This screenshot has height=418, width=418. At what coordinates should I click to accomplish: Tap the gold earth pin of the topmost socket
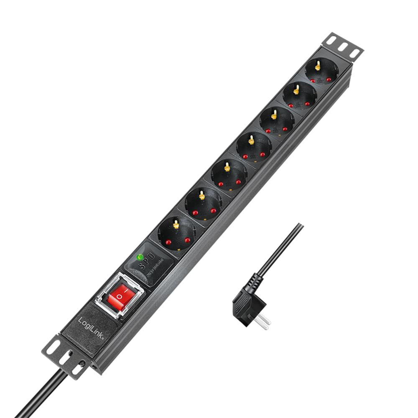point(318,65)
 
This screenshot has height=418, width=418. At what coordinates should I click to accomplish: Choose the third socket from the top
point(276,121)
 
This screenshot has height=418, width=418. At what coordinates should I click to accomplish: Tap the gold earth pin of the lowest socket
point(176,224)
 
